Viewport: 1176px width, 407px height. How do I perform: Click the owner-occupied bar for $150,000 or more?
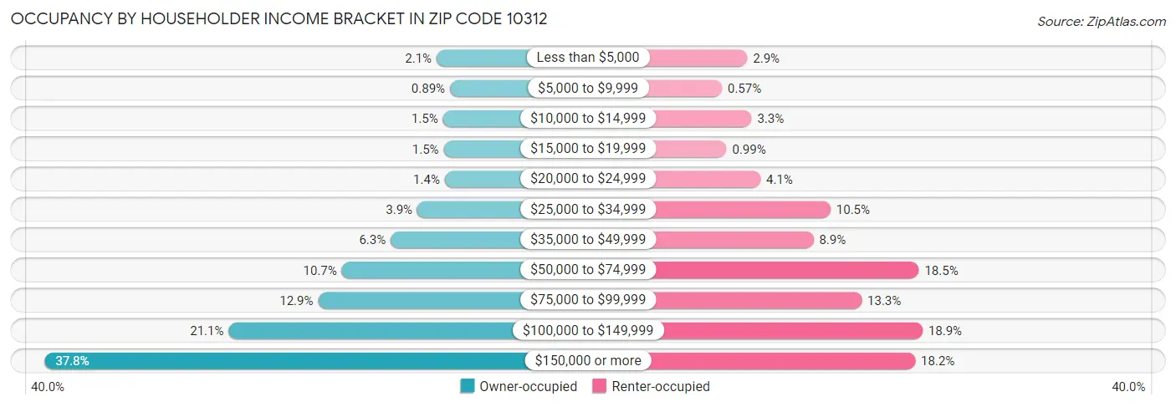(284, 361)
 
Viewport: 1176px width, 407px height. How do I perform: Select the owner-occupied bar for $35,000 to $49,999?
(457, 240)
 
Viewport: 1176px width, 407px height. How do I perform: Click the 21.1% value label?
(207, 331)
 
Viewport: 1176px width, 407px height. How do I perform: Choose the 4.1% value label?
(779, 180)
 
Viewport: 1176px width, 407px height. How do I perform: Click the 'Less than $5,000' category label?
(588, 58)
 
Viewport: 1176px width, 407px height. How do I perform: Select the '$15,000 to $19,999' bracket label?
(588, 149)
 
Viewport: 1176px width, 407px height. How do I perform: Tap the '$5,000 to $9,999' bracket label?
(588, 89)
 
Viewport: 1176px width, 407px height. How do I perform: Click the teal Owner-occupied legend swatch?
(468, 387)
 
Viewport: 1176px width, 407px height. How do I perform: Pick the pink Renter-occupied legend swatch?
(599, 387)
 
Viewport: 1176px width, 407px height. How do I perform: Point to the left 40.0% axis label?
(48, 387)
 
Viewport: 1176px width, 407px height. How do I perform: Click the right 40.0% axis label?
(1128, 387)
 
